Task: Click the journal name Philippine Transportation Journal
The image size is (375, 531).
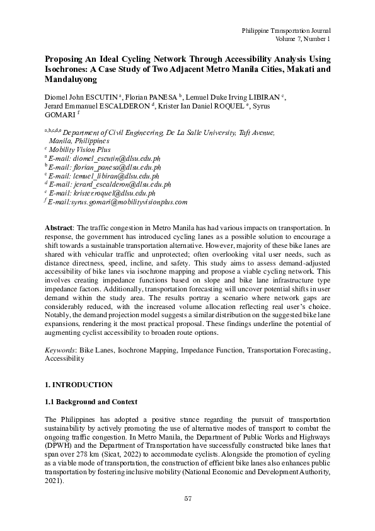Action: pos(286,30)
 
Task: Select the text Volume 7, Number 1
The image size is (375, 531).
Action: pos(303,39)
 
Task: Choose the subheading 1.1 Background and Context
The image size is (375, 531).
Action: pos(91,402)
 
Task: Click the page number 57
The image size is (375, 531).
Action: pos(187,499)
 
